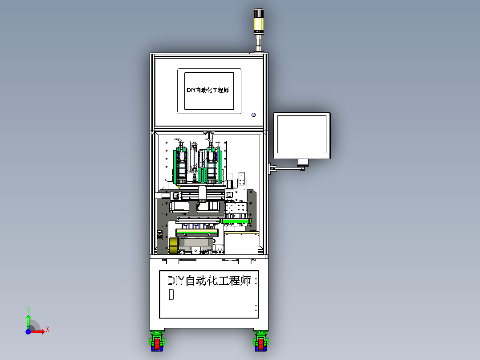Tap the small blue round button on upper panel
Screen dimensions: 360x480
[254, 115]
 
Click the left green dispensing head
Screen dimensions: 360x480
[181, 165]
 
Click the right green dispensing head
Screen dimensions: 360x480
[212, 165]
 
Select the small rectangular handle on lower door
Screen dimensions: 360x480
[171, 295]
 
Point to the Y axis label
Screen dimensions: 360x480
[28, 309]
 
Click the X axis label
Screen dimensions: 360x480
[48, 330]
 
